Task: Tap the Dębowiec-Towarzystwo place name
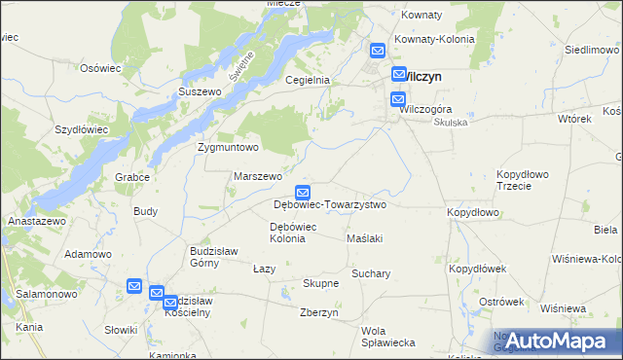[330, 205]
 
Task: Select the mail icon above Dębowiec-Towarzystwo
[304, 194]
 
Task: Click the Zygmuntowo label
[228, 148]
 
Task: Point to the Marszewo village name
[258, 176]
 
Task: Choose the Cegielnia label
[308, 81]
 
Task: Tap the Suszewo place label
[201, 91]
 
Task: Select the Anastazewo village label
[36, 221]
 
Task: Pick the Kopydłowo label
[473, 212]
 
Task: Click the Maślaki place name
[365, 238]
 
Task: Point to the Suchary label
[371, 273]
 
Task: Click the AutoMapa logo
[556, 340]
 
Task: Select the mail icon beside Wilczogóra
[398, 99]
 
